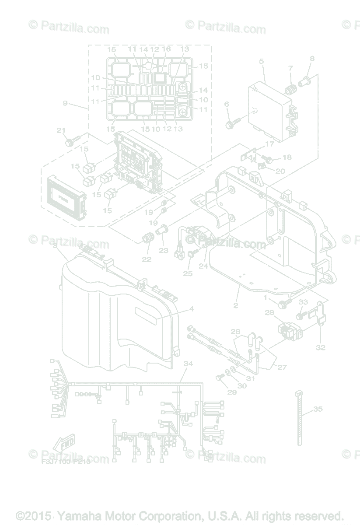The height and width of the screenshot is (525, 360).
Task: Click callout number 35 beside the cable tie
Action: click(318, 409)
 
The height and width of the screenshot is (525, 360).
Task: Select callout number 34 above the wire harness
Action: click(188, 364)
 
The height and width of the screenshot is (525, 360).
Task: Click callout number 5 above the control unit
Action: click(262, 62)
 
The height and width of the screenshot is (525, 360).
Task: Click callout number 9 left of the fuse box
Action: click(65, 103)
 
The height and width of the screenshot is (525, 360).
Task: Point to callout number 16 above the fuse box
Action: click(166, 50)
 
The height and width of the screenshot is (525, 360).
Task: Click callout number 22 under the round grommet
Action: click(146, 259)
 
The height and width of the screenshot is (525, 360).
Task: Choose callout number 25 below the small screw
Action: click(188, 273)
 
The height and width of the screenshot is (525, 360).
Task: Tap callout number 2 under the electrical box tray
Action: click(235, 305)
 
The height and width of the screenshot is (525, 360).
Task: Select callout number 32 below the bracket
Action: click(321, 347)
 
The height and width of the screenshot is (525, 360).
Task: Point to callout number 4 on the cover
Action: click(191, 309)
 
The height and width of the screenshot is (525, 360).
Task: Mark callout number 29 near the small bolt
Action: click(231, 392)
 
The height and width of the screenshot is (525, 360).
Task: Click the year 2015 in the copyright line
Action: click(39, 515)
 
